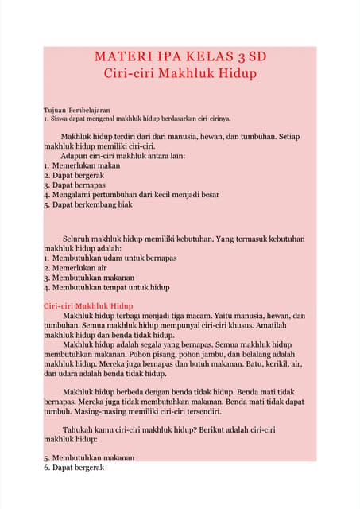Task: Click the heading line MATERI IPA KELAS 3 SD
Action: point(180,58)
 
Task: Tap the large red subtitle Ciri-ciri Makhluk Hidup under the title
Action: point(180,74)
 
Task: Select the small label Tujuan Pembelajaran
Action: point(77,109)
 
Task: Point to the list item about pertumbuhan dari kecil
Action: point(131,194)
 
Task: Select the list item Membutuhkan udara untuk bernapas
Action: point(110,258)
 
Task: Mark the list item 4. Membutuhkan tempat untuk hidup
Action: point(106,287)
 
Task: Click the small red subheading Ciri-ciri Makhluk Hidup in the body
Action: point(88,306)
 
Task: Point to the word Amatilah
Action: point(285,325)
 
